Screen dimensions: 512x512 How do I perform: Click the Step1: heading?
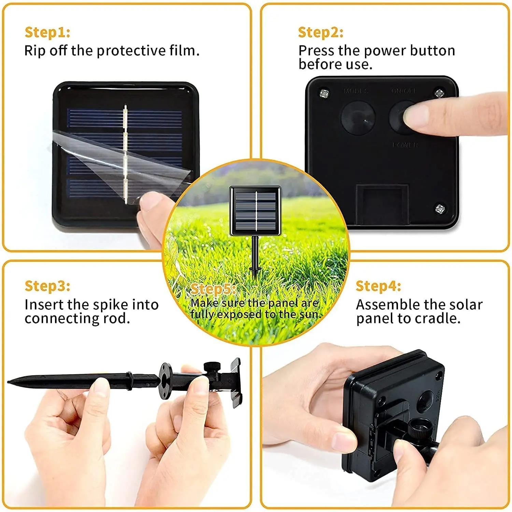pos(47,32)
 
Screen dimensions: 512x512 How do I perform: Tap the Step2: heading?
pos(321,32)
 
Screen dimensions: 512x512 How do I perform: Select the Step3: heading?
pos(47,286)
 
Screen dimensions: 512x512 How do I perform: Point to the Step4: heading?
pos(378,286)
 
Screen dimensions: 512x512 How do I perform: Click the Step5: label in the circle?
pos(213,289)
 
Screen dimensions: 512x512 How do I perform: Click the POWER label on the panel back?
pos(405,145)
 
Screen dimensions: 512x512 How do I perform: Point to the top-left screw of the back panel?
pos(324,93)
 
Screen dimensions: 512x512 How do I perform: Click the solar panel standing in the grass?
pos(255,211)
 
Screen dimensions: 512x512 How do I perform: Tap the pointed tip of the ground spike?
pos(10,381)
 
